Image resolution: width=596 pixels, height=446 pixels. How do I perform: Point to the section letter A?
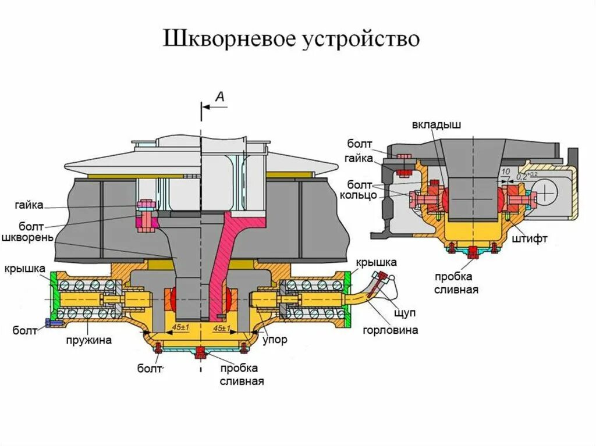point(220,97)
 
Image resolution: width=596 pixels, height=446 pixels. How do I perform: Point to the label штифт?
point(530,238)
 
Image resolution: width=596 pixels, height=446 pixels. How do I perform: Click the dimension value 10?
point(505,172)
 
